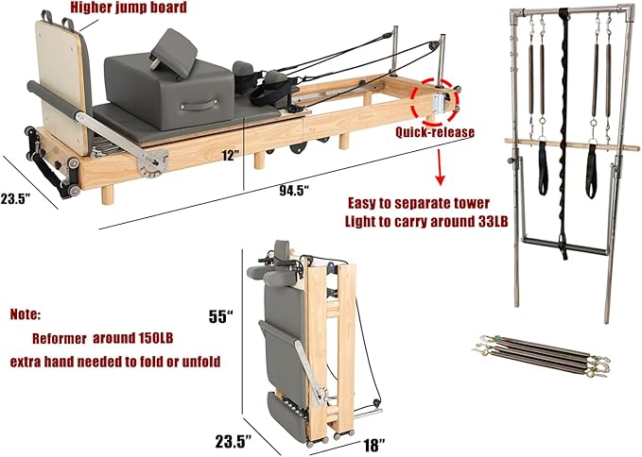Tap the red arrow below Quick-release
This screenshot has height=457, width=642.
tap(440, 171)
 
